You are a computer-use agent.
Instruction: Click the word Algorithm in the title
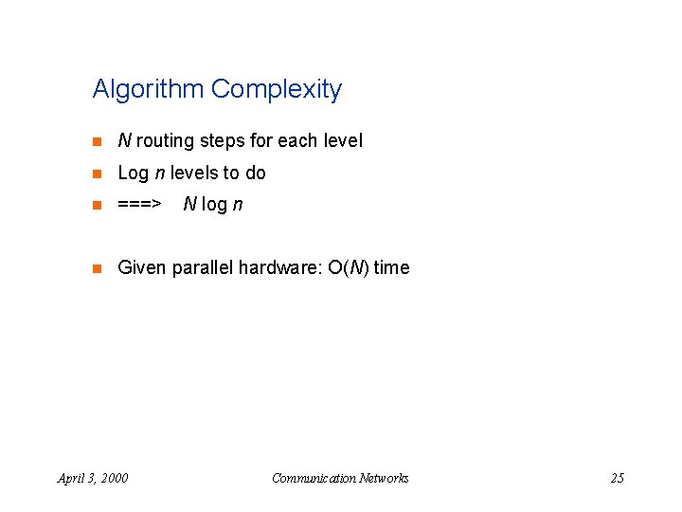(x=149, y=90)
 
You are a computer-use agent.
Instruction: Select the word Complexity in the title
(x=276, y=90)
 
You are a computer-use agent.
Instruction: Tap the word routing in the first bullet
(x=165, y=141)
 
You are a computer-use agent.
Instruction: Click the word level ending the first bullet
(x=343, y=141)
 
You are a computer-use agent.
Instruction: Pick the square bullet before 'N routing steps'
(x=96, y=141)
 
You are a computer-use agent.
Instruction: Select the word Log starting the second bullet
(x=133, y=174)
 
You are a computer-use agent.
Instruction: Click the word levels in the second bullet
(x=192, y=174)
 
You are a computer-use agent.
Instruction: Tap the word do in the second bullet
(x=256, y=174)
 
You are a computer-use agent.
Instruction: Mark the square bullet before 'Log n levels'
(x=96, y=174)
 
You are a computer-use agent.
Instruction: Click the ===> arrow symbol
(x=139, y=205)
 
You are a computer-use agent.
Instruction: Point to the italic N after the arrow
(x=189, y=205)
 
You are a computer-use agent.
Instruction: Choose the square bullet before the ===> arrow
(x=96, y=205)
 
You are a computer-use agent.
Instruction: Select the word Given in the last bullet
(x=142, y=268)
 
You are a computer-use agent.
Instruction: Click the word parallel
(x=203, y=268)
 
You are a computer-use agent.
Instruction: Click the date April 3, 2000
(x=93, y=478)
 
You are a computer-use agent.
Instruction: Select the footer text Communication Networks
(x=340, y=478)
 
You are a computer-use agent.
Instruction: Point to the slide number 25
(x=617, y=478)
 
